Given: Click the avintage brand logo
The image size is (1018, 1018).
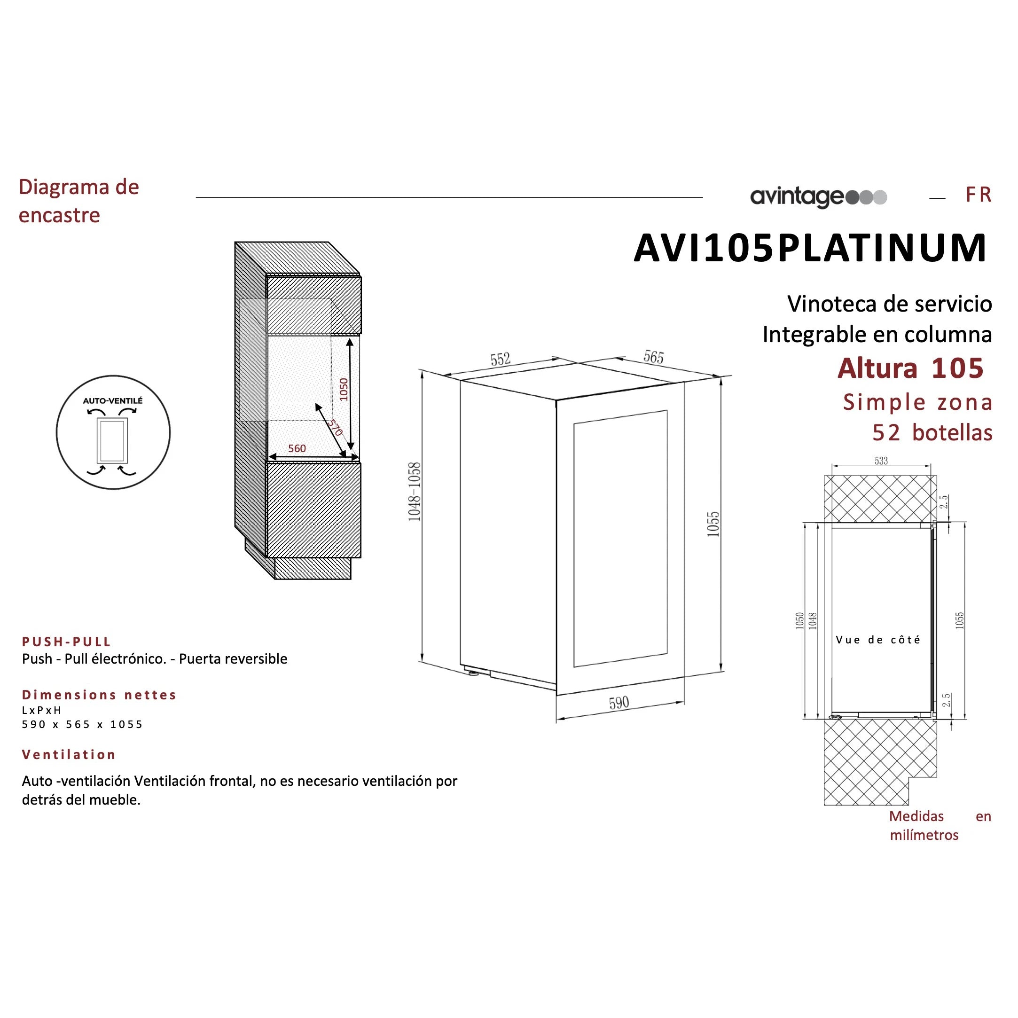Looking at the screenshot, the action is tap(819, 197).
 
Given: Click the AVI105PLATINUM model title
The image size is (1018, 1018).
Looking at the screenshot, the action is tap(810, 248).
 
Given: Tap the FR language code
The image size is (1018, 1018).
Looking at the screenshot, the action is tap(979, 195).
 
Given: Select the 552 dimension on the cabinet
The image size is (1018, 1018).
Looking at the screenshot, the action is tap(501, 360).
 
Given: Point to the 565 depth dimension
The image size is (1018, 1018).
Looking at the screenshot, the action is tap(653, 357).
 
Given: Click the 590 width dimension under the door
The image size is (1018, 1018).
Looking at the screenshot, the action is tap(619, 703).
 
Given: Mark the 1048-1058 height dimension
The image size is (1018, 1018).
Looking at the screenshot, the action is tap(415, 492).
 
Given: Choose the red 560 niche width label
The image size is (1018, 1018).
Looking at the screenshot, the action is tap(297, 448).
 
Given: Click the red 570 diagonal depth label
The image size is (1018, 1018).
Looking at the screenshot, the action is tap(335, 427).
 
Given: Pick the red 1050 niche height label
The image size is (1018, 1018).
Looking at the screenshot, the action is tap(344, 390).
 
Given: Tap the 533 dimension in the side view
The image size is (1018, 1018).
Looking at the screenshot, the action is tap(882, 461).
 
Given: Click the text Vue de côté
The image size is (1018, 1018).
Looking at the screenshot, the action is tap(878, 640).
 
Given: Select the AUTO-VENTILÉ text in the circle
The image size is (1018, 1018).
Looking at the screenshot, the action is tap(113, 401).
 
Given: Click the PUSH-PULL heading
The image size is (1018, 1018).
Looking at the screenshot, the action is tap(66, 642).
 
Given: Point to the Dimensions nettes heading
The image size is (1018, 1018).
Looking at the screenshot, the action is tap(99, 695).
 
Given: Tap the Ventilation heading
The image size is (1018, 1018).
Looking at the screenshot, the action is tap(69, 754).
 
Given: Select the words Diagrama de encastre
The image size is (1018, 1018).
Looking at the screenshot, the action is tap(79, 201).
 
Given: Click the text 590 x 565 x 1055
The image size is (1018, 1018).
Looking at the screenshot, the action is tap(82, 725).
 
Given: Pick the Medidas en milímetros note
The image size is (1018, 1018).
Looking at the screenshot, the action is tap(940, 826).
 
